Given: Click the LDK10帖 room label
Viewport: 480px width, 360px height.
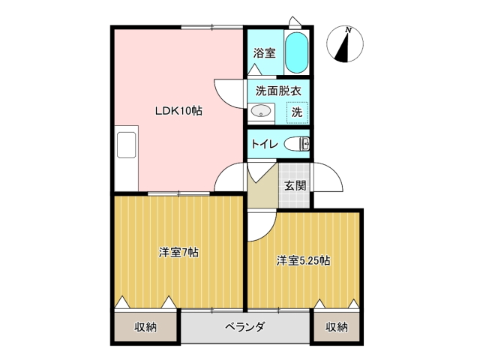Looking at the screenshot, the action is (178, 110).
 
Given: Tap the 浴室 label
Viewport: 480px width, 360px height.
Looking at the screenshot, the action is (264, 53).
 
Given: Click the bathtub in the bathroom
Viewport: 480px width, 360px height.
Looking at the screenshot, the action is (296, 52).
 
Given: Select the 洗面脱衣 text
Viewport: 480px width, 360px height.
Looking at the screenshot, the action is (278, 91).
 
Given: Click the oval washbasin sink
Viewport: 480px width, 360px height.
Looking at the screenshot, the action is (260, 111).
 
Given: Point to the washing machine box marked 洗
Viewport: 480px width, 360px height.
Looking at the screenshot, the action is (297, 112).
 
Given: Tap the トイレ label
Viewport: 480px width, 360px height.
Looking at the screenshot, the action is (265, 144).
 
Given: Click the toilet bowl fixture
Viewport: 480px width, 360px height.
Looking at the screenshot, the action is (297, 144).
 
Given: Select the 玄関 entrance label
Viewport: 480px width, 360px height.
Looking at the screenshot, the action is (295, 185).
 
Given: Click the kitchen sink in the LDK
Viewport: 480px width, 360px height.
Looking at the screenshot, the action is (126, 145).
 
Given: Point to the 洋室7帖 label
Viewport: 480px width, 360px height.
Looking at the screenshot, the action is (178, 253).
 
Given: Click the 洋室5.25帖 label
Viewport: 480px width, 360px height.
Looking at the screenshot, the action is (303, 261).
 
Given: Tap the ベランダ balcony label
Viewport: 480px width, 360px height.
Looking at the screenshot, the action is (245, 327).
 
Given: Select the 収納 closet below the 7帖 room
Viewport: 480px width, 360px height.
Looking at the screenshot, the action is (145, 327).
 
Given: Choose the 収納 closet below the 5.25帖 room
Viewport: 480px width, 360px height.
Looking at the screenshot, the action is (337, 327).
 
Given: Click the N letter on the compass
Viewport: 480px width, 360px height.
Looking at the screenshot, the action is (348, 30).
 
